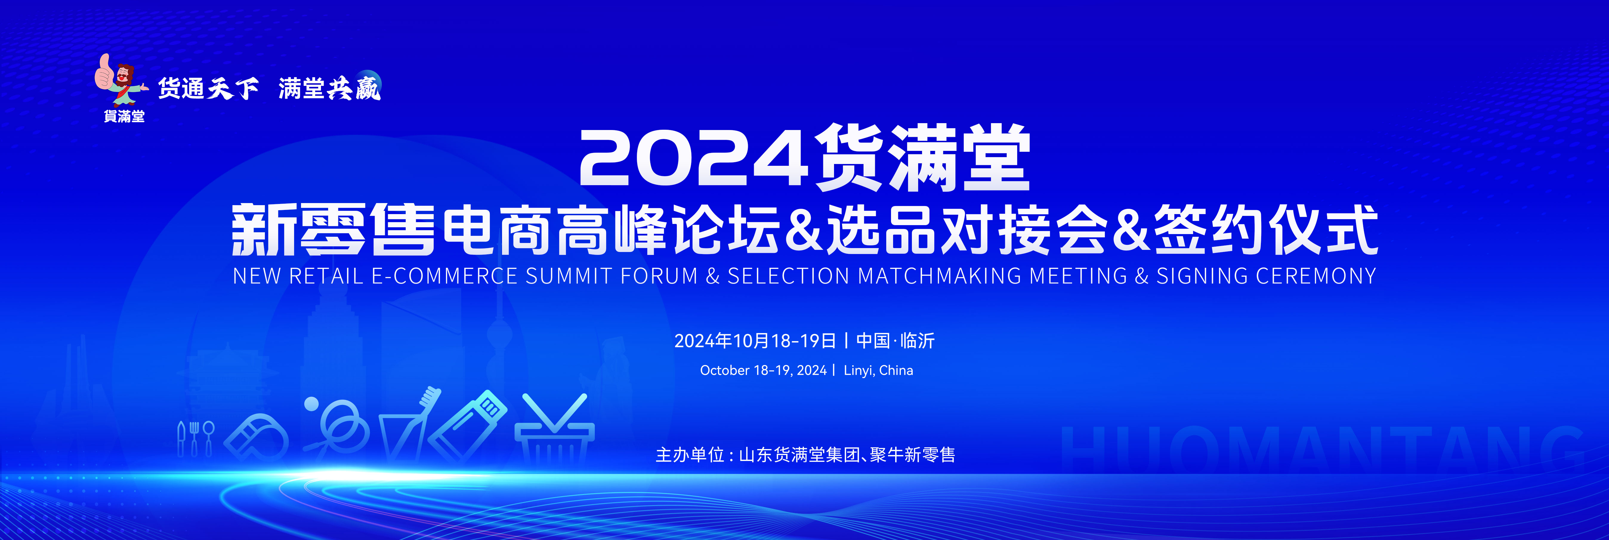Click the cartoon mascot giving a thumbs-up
[x=121, y=80]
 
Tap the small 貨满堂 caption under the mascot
[x=124, y=116]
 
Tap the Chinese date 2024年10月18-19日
[x=755, y=341]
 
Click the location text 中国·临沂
[x=895, y=341]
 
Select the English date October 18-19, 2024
[x=763, y=370]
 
